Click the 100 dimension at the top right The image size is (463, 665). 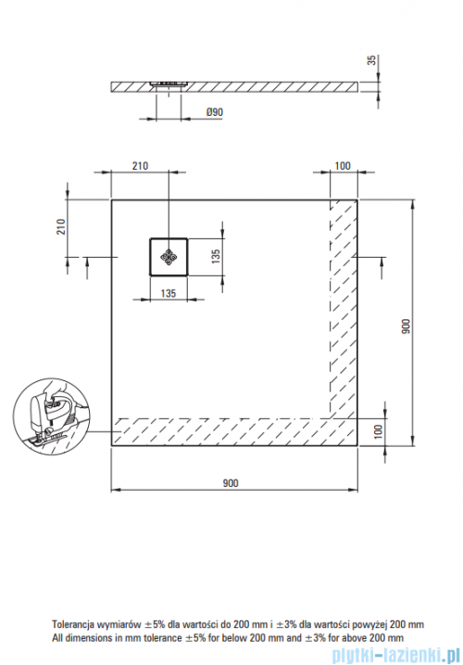(341, 166)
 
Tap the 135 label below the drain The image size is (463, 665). (168, 292)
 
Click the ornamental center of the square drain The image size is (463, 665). (169, 257)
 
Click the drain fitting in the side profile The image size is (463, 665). (170, 82)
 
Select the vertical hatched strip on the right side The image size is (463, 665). (344, 306)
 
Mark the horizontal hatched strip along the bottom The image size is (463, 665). (222, 431)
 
